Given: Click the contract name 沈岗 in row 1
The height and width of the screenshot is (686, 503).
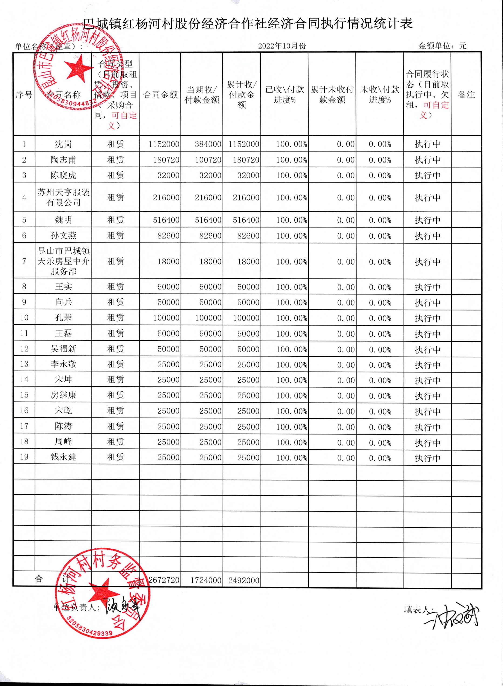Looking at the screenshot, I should coord(63,144).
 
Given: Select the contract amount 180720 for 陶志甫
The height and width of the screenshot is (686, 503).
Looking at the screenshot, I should coord(166,160).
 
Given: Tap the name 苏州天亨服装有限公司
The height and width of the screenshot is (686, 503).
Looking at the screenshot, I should coord(63,197).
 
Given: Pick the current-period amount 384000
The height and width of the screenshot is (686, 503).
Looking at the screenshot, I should coord(208,144).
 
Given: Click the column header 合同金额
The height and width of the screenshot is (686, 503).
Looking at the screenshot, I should coord(160,95).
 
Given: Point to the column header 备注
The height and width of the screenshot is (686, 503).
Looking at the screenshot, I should coord(466,95).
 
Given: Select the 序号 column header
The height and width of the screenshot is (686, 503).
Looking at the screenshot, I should coord(24,95).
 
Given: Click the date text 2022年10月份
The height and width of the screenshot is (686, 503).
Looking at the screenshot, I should coord(282,46).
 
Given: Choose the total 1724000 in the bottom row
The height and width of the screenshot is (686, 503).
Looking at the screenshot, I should coord(206,580).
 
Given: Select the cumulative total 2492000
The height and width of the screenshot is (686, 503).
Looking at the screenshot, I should coord(244,580).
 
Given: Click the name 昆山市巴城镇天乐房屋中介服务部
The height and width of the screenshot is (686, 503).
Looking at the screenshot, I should coord(63,261).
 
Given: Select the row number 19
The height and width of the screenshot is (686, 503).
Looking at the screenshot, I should coord(24,457).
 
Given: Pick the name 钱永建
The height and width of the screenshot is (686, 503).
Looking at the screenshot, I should coord(63,457).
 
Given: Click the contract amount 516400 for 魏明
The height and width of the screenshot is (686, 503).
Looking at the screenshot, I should coord(166,220).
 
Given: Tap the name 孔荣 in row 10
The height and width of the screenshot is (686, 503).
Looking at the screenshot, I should coord(63,317).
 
